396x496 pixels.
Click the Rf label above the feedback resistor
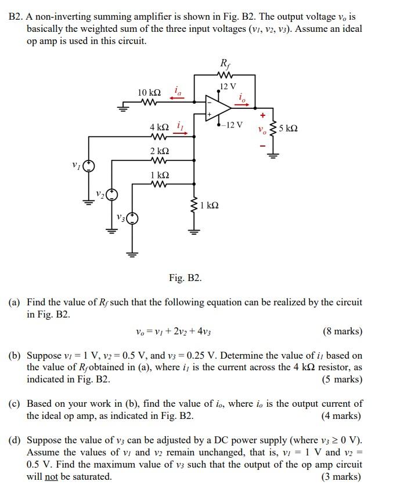click(x=224, y=63)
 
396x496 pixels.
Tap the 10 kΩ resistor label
click(x=149, y=93)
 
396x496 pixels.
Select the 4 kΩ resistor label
click(x=159, y=127)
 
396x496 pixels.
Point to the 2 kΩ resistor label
click(x=159, y=151)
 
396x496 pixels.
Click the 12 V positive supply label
click(x=229, y=87)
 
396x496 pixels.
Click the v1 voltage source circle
click(x=88, y=166)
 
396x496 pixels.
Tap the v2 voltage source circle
click(x=111, y=194)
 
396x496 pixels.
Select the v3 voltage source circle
click(x=133, y=218)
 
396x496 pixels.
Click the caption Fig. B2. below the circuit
click(x=185, y=278)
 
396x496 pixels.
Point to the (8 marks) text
click(x=342, y=331)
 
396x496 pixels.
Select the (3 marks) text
click(x=342, y=477)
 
